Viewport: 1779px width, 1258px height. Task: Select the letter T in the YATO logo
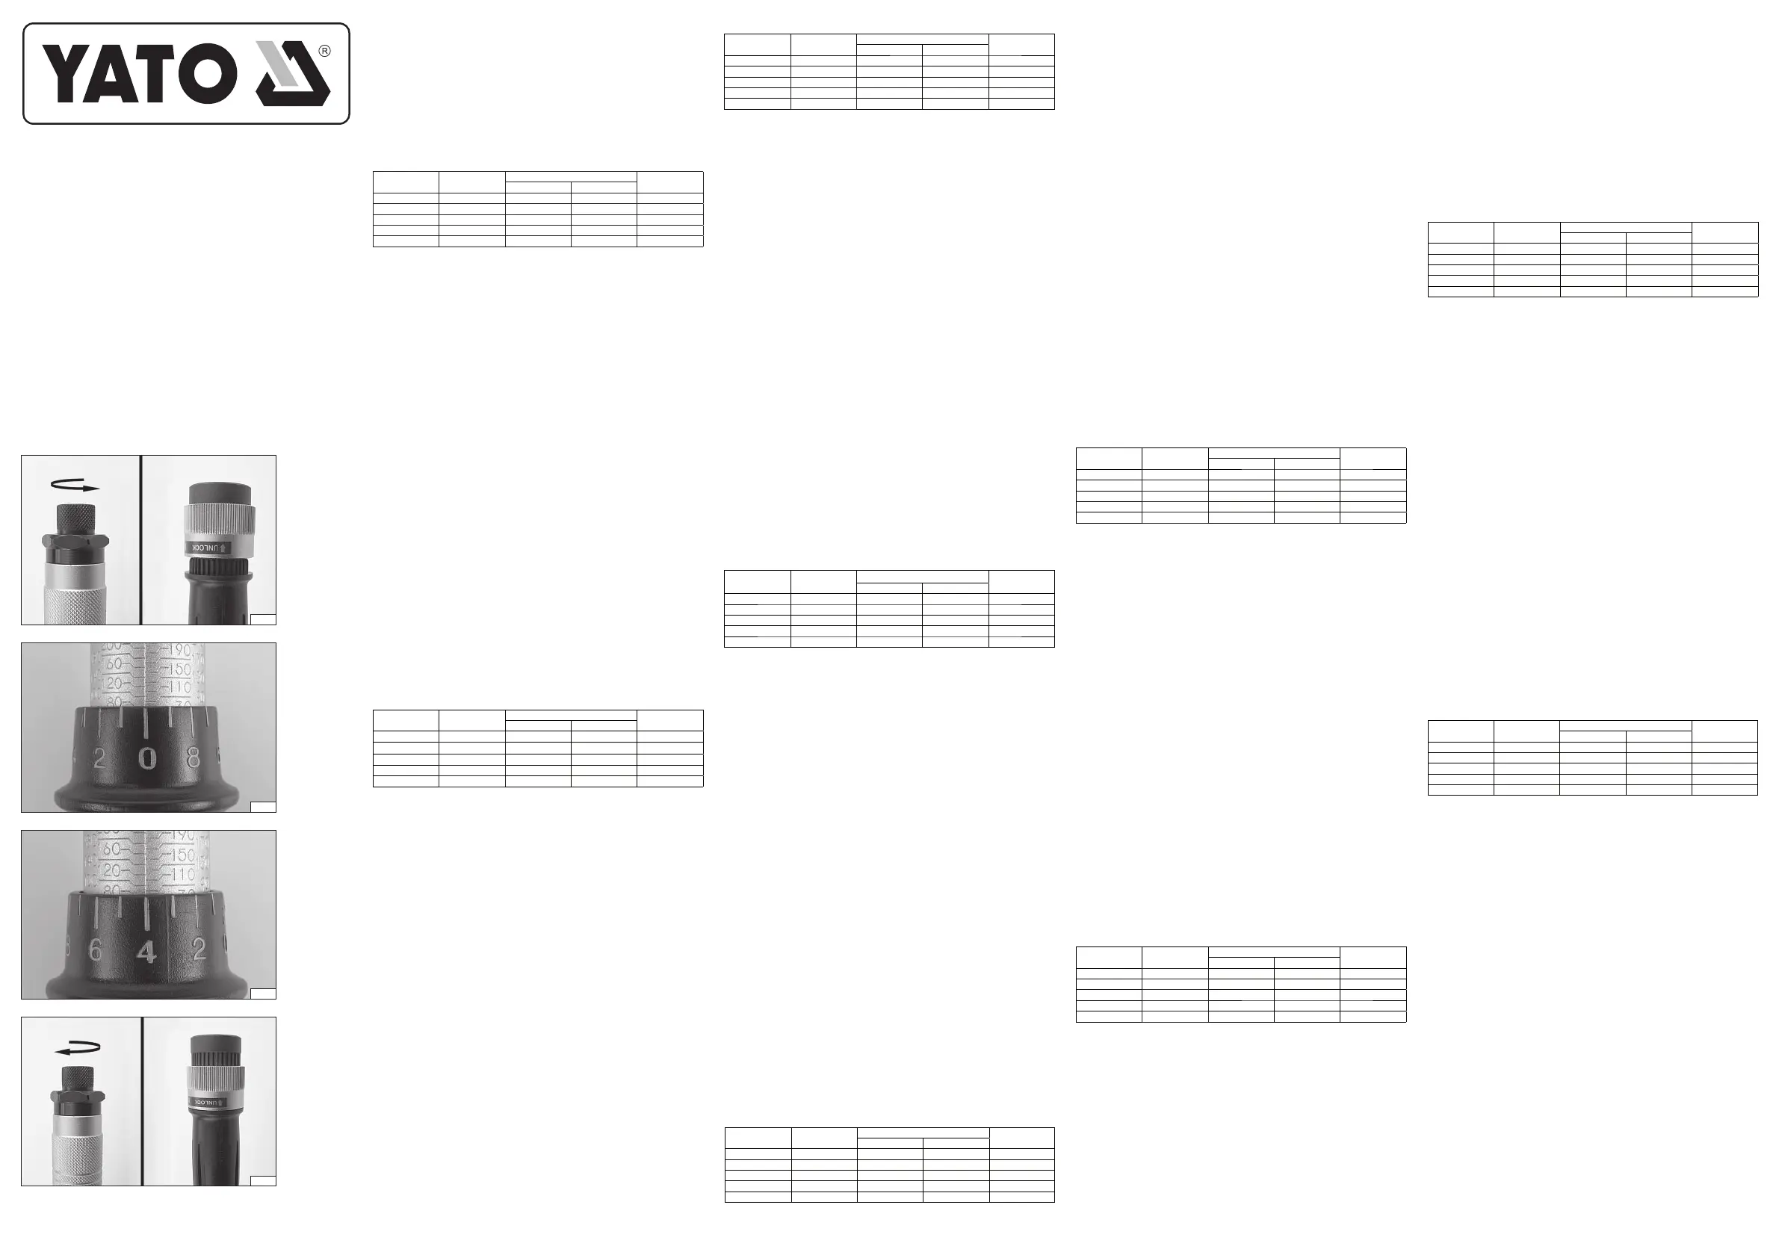(164, 74)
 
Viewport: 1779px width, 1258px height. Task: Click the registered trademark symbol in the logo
(325, 51)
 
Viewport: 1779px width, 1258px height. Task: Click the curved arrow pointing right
(75, 486)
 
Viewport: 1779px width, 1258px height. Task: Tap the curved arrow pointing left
(78, 1049)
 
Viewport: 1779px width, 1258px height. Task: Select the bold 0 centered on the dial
(147, 760)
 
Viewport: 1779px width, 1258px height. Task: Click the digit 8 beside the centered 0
(194, 757)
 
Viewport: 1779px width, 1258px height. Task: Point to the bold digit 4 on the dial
(146, 952)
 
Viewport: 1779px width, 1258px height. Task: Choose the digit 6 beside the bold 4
(96, 950)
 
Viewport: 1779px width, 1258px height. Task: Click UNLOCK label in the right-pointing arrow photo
(209, 548)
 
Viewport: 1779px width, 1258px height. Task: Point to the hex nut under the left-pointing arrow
(78, 1097)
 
